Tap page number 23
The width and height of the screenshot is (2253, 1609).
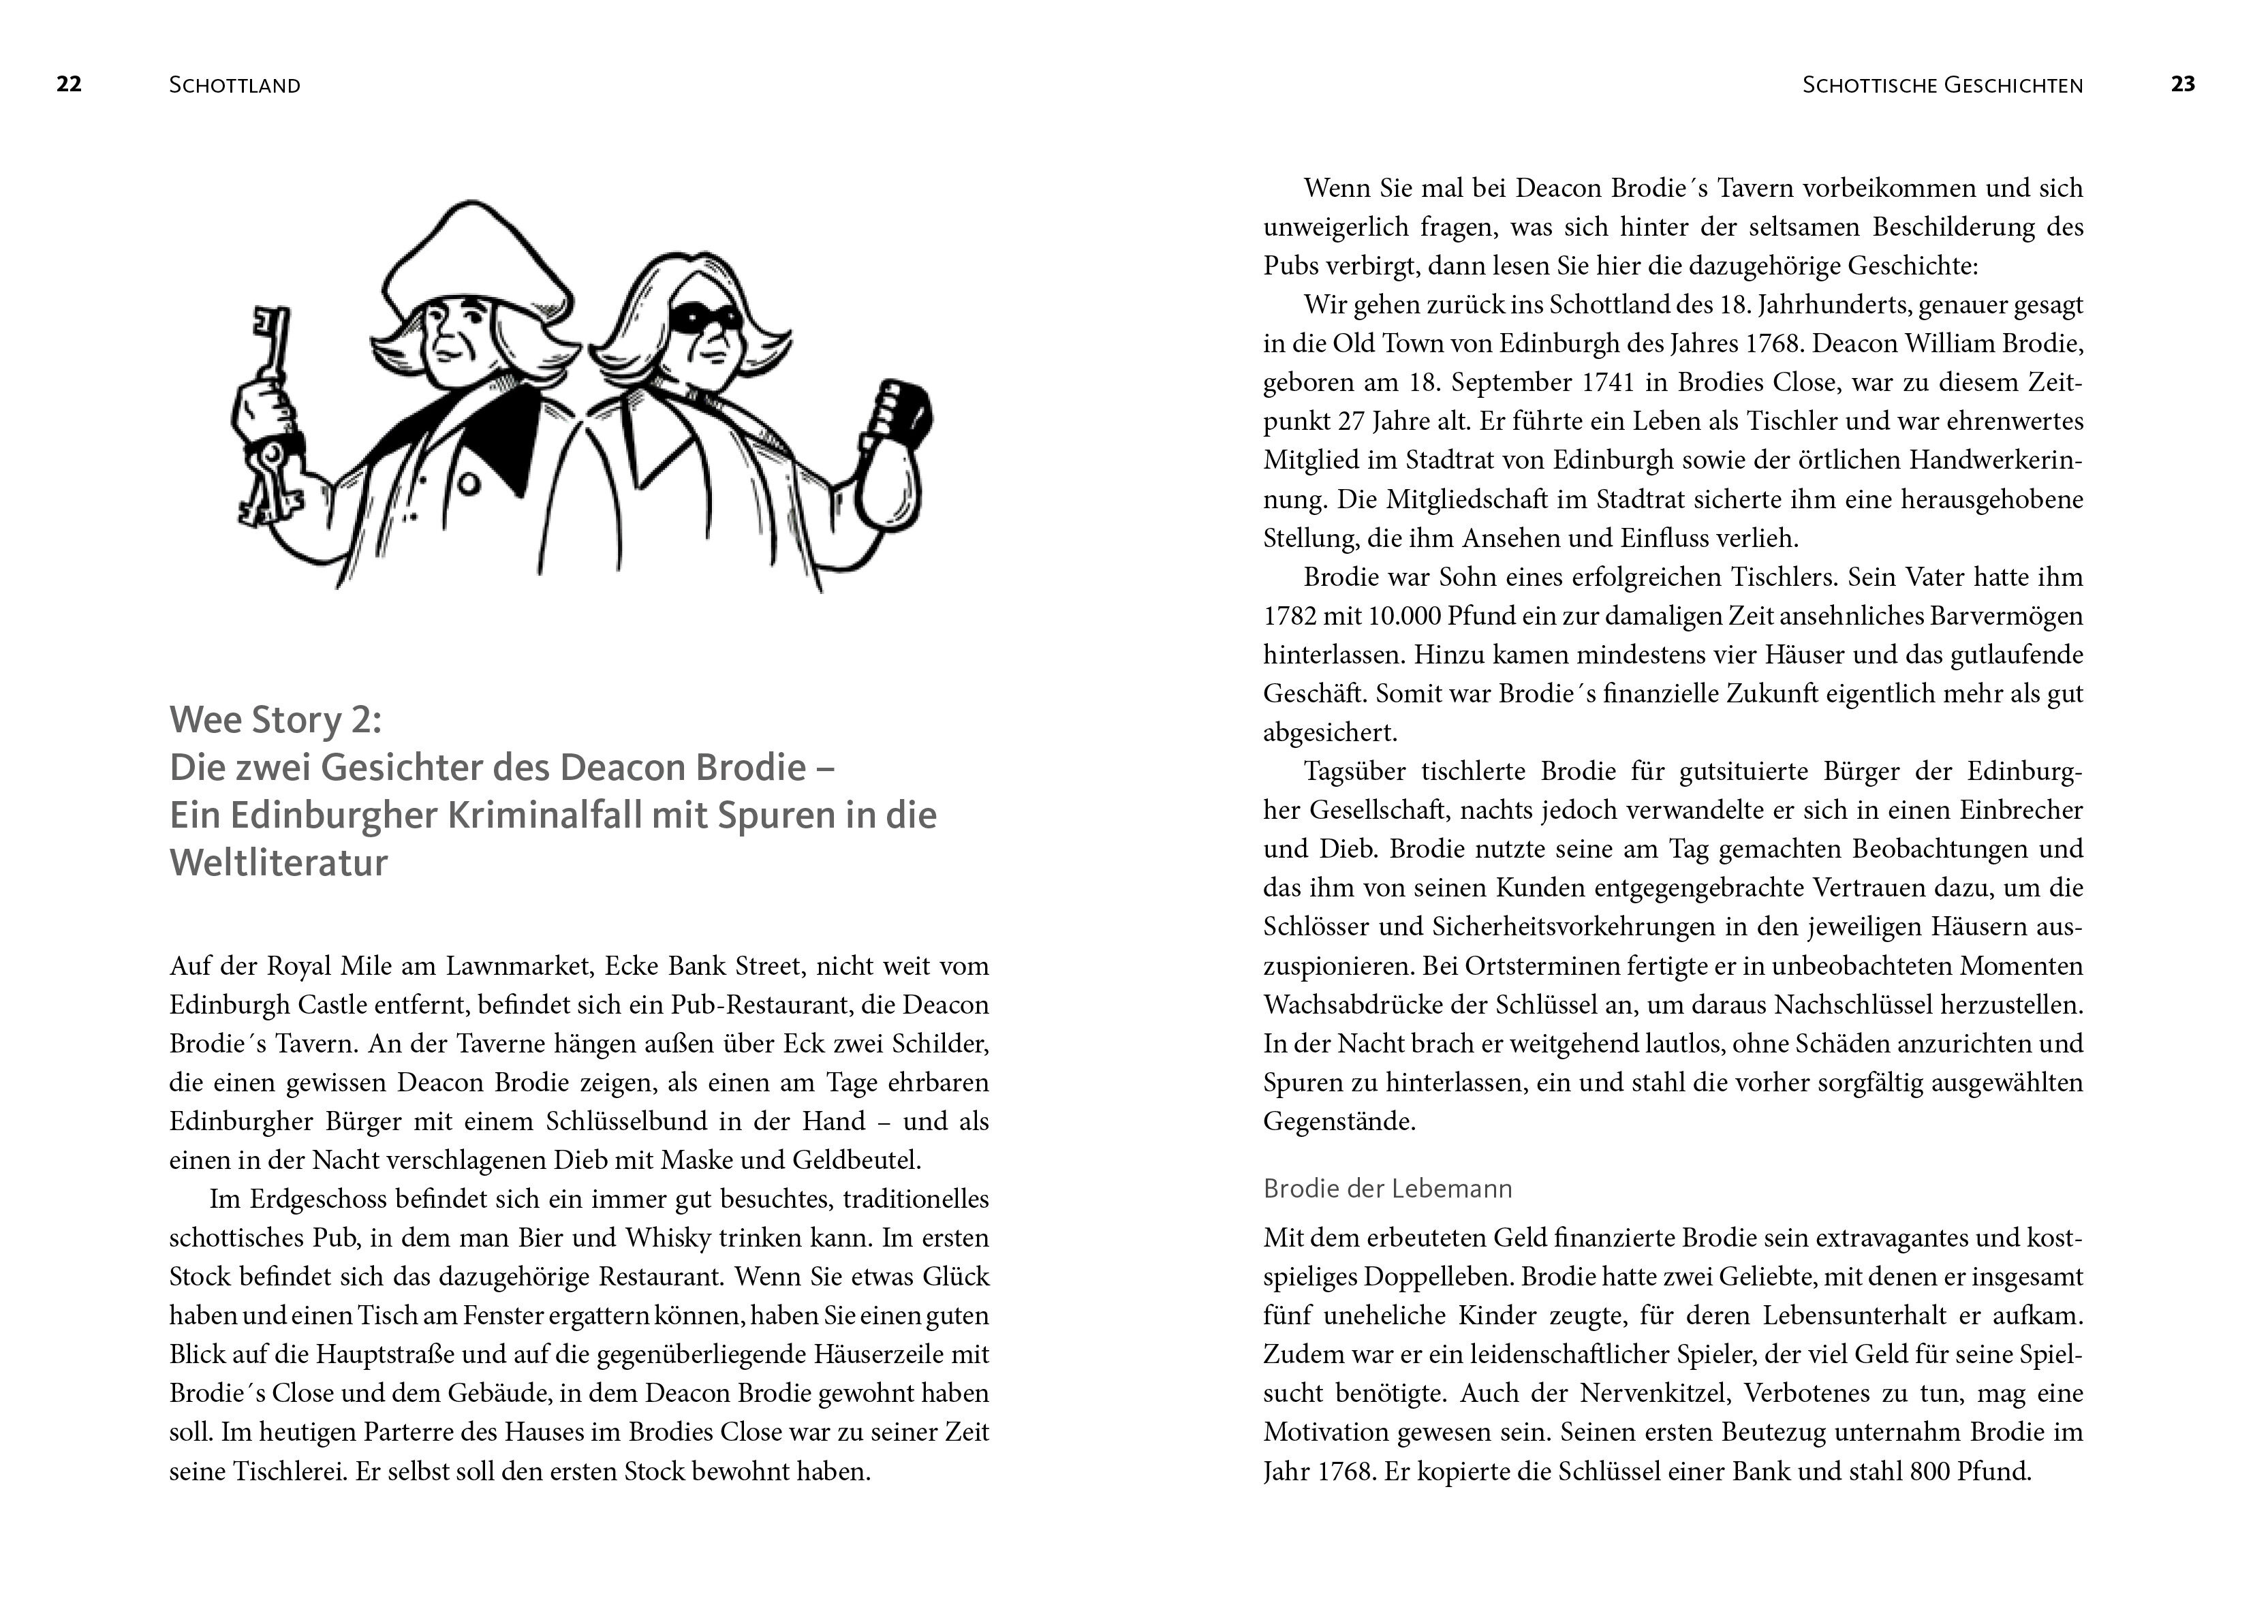pyautogui.click(x=2183, y=84)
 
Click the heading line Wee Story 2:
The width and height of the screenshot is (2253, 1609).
pyautogui.click(x=275, y=719)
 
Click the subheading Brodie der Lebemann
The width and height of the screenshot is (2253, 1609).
pyautogui.click(x=1387, y=1189)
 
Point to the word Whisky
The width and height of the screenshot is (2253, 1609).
pyautogui.click(x=664, y=1238)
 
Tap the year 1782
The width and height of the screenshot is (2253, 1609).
pyautogui.click(x=1290, y=616)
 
